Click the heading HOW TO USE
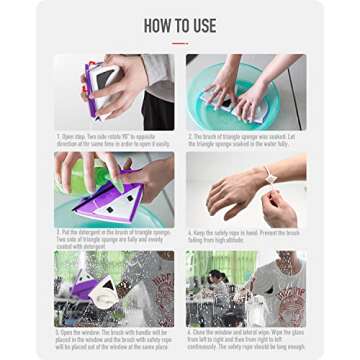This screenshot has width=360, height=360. (x=180, y=25)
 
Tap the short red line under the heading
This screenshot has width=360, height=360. (x=180, y=43)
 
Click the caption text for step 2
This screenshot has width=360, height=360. (x=245, y=141)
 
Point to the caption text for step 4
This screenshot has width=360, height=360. (x=245, y=237)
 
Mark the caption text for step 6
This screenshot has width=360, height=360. (x=245, y=339)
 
